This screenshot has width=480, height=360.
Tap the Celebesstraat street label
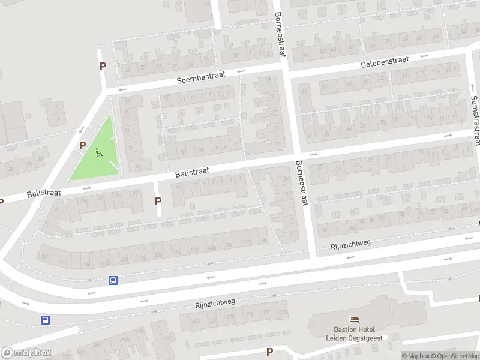385,62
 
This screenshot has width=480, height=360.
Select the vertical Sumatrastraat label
476,120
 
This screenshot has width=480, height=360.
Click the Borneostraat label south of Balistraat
301,183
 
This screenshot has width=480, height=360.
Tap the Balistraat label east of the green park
192,172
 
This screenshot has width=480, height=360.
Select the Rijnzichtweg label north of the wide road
351,245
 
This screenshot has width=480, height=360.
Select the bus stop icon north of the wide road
113,280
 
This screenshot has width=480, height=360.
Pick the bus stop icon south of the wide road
45,320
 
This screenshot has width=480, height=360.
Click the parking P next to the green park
83,146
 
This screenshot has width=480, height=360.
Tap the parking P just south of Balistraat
158,202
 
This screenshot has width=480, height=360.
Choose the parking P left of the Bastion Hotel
269,352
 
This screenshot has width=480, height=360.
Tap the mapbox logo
26,353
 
